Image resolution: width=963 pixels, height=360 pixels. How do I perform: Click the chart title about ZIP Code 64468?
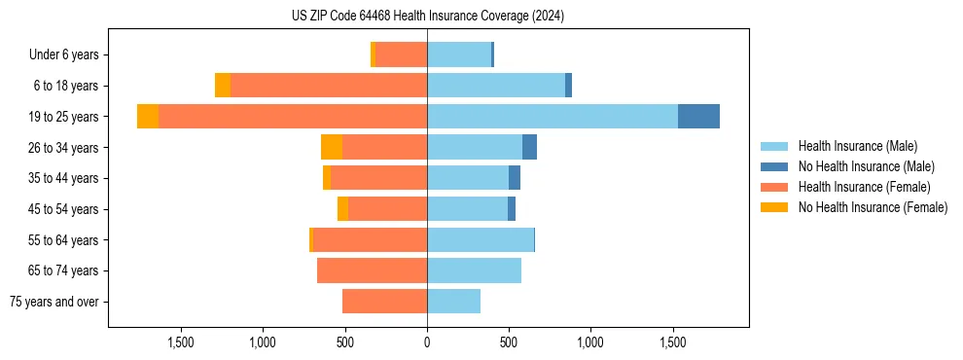click(x=427, y=17)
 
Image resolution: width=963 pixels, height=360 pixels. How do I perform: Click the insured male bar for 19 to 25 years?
click(x=552, y=117)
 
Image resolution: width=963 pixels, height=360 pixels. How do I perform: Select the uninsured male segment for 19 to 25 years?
click(x=698, y=117)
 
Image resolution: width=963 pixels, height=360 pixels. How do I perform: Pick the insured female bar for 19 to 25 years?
click(x=292, y=117)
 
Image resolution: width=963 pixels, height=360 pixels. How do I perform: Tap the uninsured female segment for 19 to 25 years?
click(x=148, y=117)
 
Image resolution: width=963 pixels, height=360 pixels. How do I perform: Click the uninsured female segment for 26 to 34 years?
click(x=332, y=147)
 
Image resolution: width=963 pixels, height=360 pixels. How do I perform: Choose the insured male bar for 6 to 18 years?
click(x=496, y=86)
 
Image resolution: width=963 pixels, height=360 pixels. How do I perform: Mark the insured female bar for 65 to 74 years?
click(x=372, y=270)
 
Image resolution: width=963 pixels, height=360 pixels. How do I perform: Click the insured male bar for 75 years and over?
click(x=453, y=302)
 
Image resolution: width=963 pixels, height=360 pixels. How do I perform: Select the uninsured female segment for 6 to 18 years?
click(x=223, y=86)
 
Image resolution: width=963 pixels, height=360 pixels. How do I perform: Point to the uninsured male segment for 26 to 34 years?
click(x=529, y=147)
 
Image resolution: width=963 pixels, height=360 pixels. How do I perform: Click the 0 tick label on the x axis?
click(x=427, y=342)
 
